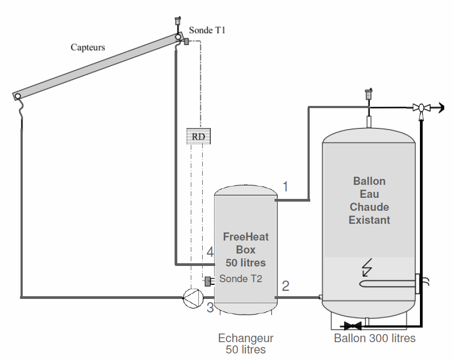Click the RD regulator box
(198, 136)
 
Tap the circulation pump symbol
(192, 297)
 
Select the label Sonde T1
(207, 30)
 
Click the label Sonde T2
(241, 279)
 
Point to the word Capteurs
(88, 47)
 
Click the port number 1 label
(285, 186)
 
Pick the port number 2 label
(285, 286)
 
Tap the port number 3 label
(210, 308)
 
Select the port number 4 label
(210, 252)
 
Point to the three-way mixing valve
(420, 108)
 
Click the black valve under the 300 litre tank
(352, 326)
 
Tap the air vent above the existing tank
(369, 96)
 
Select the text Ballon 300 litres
(375, 338)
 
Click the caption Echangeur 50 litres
(246, 344)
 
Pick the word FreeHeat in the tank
(246, 237)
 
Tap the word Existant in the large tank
(369, 220)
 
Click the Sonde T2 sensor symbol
(207, 281)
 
